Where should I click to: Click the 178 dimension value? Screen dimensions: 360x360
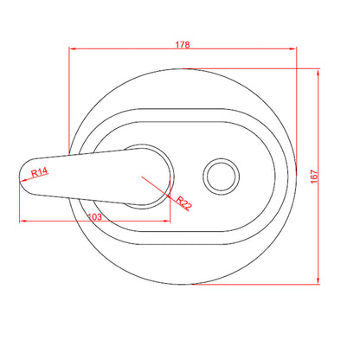[183, 45]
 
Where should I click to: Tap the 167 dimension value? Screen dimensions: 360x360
[314, 177]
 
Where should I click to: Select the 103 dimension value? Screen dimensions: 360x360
[94, 216]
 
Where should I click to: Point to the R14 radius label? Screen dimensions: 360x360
[40, 172]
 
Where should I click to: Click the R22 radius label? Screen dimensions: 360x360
[184, 202]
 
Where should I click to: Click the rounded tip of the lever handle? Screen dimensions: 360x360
[20, 176]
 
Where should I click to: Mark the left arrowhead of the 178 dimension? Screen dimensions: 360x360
[72, 48]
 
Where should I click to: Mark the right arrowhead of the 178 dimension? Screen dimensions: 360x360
[292, 48]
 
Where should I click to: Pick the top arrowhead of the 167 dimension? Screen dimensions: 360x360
[318, 72]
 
